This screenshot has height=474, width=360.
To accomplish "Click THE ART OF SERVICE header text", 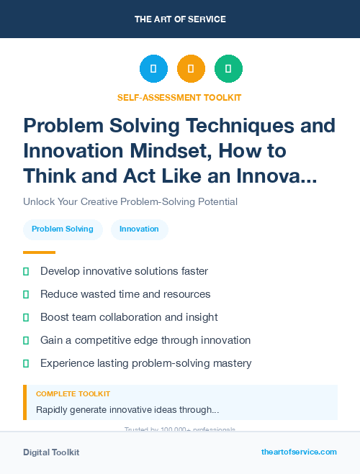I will pyautogui.click(x=179, y=19).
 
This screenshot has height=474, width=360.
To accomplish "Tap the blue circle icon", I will pyautogui.click(x=153, y=69).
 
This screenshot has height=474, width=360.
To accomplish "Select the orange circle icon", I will pyautogui.click(x=191, y=69).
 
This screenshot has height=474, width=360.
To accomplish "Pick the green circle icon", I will pyautogui.click(x=228, y=69).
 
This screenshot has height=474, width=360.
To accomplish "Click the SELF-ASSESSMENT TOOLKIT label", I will pyautogui.click(x=179, y=97).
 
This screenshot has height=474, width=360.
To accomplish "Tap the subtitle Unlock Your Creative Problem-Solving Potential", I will pyautogui.click(x=130, y=201).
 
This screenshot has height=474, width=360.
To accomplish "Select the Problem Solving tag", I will pyautogui.click(x=63, y=229).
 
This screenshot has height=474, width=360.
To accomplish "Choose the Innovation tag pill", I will pyautogui.click(x=139, y=229).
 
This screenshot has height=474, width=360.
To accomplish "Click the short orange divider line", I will pyautogui.click(x=39, y=252).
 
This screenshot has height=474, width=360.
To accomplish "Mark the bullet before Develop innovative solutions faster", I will pyautogui.click(x=26, y=271).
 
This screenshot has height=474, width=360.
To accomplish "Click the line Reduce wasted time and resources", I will pyautogui.click(x=125, y=294).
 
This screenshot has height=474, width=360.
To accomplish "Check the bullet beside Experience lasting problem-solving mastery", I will pyautogui.click(x=26, y=363).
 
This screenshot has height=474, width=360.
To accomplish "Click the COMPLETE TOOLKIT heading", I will pyautogui.click(x=73, y=394).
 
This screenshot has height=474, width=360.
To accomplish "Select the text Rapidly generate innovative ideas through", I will pyautogui.click(x=127, y=410).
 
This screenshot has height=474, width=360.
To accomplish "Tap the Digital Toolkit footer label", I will pyautogui.click(x=51, y=452).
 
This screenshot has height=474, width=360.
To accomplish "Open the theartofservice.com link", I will pyautogui.click(x=299, y=452).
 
